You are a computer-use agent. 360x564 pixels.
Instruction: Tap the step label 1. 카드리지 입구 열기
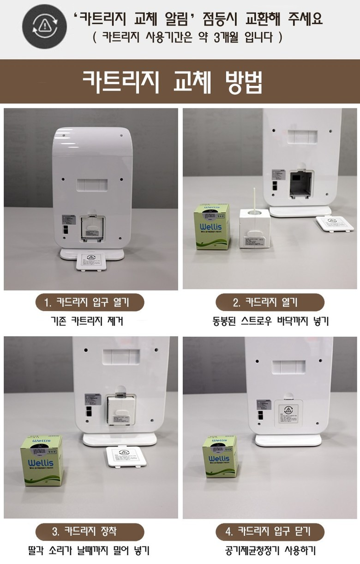click(90, 303)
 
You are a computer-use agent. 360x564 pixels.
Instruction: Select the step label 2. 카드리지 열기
click(270, 303)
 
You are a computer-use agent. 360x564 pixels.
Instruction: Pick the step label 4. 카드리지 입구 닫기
click(270, 531)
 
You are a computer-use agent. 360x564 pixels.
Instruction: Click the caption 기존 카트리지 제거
click(90, 320)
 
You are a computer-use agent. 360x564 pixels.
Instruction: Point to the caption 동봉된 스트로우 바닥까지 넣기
click(270, 320)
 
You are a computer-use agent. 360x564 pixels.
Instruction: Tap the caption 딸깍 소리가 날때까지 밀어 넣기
click(90, 550)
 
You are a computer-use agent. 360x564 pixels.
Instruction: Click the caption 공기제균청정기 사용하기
click(270, 550)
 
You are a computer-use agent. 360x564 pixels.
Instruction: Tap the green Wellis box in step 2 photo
click(212, 228)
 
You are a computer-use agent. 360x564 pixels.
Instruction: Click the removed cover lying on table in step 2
click(331, 223)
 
